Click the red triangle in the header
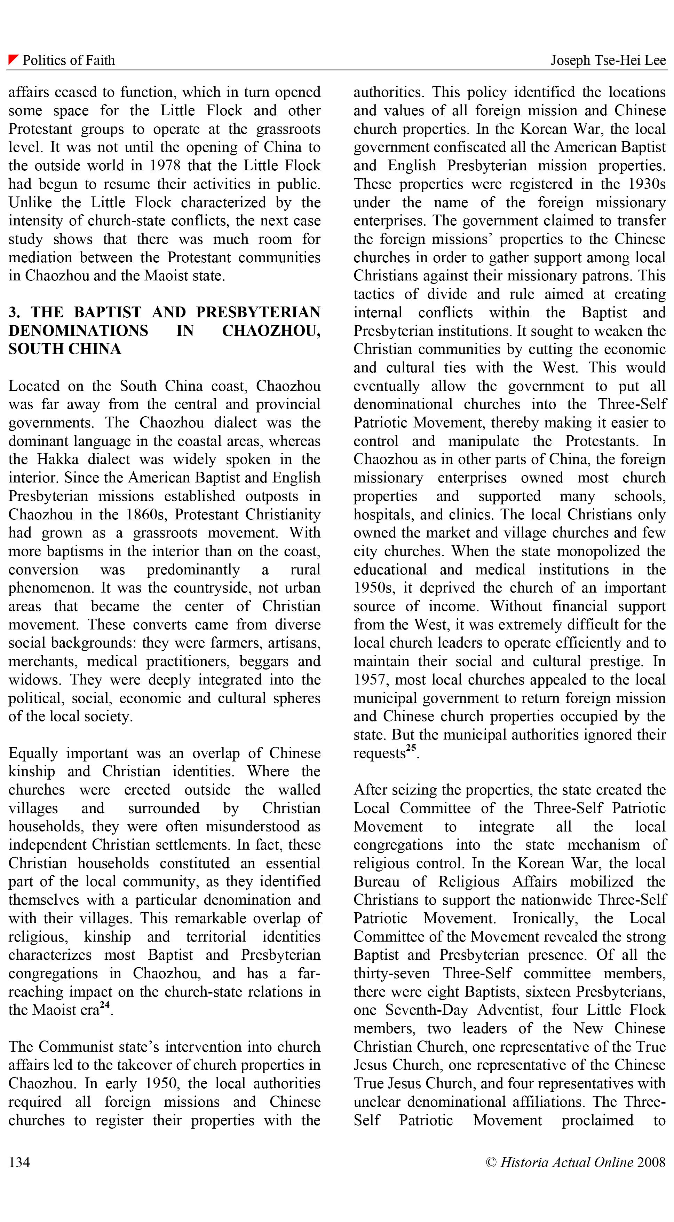13,59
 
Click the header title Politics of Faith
69,60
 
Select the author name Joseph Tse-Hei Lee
608,60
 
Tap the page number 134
19,1162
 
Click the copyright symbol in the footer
491,1162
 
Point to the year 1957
371,680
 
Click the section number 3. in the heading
14,312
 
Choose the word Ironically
545,918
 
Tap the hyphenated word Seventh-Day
427,1010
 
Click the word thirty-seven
391,973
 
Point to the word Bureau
377,882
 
